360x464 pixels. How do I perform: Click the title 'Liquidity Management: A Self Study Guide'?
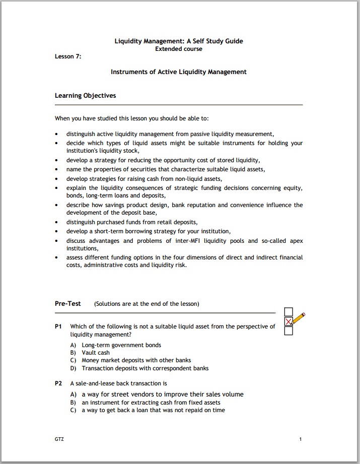tap(179, 41)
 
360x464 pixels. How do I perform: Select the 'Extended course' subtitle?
tap(179, 49)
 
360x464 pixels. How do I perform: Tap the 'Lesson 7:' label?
tap(68, 56)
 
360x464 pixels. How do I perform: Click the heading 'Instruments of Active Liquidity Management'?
tap(179, 72)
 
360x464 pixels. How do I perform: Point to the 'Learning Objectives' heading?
tap(85, 96)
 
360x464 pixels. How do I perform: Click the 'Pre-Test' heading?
tap(68, 304)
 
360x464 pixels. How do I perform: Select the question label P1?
tap(58, 326)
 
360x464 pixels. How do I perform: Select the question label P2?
tap(58, 383)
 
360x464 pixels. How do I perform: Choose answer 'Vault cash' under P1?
tap(96, 353)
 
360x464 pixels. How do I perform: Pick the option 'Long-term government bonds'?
tap(121, 345)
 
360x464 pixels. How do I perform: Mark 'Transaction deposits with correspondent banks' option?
tap(145, 368)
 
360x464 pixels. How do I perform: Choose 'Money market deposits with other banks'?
tap(136, 360)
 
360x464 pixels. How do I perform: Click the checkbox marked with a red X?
tap(289, 321)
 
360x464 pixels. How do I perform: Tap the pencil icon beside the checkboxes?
tap(299, 318)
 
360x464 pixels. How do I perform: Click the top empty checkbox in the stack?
tap(289, 312)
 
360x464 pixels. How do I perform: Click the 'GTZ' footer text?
tap(59, 439)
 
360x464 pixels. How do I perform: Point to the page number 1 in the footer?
tap(301, 439)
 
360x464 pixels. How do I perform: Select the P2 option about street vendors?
tap(162, 394)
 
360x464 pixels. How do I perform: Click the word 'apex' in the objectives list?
tap(297, 241)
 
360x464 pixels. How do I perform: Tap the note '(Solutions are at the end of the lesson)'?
tap(147, 304)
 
